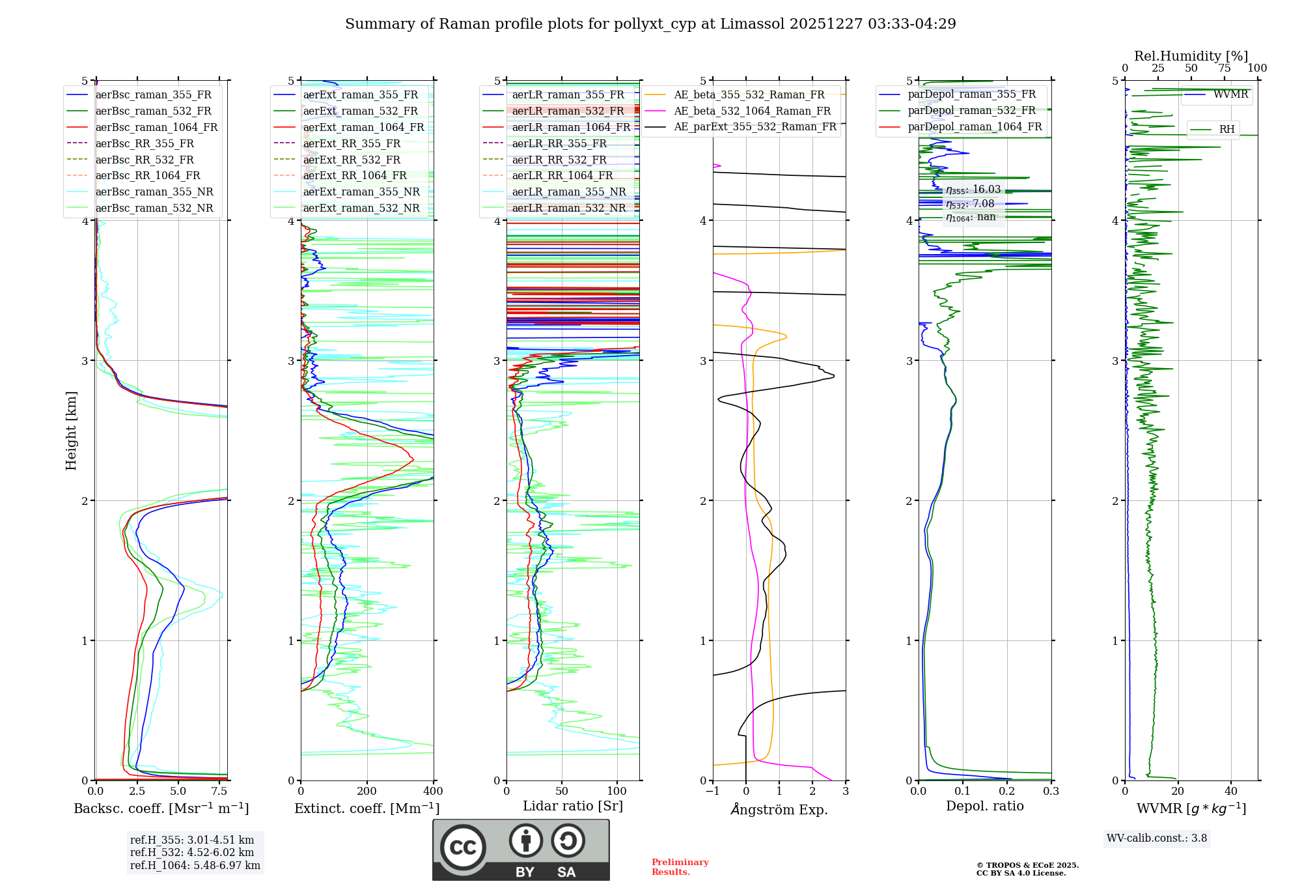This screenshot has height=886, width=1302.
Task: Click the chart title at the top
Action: (650, 24)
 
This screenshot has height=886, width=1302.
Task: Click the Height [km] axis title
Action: (71, 431)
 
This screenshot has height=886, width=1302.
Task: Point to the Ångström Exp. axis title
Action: (779, 810)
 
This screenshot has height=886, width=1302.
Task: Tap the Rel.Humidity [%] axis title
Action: (1191, 56)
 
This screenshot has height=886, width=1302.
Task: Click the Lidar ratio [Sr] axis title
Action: (573, 806)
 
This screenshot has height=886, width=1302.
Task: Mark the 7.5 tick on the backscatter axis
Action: (219, 792)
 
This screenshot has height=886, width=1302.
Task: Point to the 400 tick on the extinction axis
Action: (434, 792)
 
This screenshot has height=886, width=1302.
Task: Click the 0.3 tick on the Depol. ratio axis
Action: (1051, 792)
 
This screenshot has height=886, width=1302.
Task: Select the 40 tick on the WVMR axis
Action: (1231, 792)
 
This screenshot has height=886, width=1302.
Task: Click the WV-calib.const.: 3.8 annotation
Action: (1157, 838)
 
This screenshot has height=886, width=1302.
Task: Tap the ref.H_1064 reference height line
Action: (195, 866)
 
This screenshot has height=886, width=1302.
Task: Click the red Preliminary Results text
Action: (680, 867)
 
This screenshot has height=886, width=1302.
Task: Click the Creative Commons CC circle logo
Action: (463, 848)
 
